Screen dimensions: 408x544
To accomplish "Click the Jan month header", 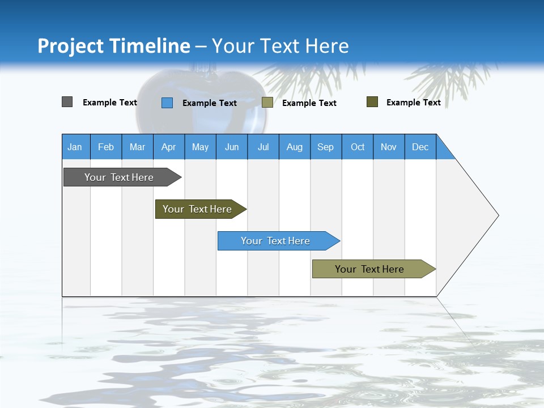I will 75,147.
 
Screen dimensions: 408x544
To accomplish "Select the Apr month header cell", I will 169,147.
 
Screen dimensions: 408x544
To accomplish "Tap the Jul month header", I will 263,147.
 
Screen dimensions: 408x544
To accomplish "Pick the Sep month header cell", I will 326,147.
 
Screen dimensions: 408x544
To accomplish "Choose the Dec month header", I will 420,147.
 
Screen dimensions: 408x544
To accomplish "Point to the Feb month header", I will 106,147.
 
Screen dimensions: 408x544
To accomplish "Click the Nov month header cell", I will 389,147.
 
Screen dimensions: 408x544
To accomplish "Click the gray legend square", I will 67,102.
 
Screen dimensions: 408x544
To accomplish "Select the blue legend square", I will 167,103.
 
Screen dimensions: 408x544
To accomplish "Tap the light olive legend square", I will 267,103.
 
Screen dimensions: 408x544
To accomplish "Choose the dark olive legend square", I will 372,102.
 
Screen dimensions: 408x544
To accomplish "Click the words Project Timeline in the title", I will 114,46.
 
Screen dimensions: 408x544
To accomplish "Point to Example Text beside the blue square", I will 210,103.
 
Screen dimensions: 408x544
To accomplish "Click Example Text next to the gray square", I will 110,103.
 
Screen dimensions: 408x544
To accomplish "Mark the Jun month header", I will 232,147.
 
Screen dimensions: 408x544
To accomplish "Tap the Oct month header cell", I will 358,147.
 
